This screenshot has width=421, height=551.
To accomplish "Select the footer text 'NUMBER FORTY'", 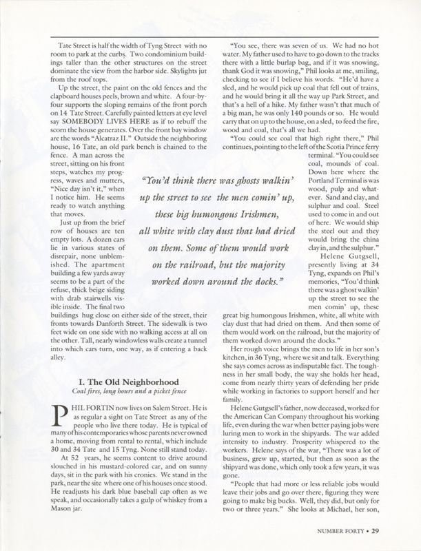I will tap(339, 531).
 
